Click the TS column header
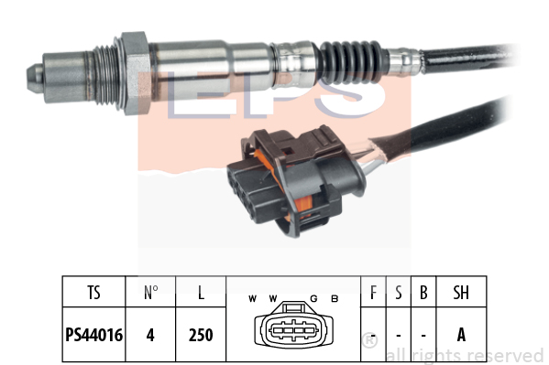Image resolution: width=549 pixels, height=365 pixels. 93,293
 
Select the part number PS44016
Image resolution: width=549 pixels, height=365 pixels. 93,335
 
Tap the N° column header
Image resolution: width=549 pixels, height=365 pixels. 151,293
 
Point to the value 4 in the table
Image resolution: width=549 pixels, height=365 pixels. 150,335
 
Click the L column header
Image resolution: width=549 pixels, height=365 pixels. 201,293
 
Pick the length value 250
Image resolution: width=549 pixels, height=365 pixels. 201,335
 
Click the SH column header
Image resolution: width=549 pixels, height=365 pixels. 461,293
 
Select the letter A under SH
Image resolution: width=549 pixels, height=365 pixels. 461,335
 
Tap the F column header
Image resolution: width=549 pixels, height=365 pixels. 373,293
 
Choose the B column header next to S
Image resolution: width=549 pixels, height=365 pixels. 423,293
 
